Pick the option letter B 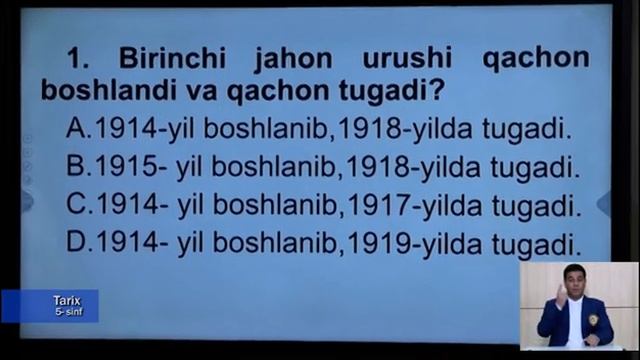coord(76,167)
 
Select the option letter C coord(76,206)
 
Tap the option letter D coord(76,244)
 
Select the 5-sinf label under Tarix coord(68,312)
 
